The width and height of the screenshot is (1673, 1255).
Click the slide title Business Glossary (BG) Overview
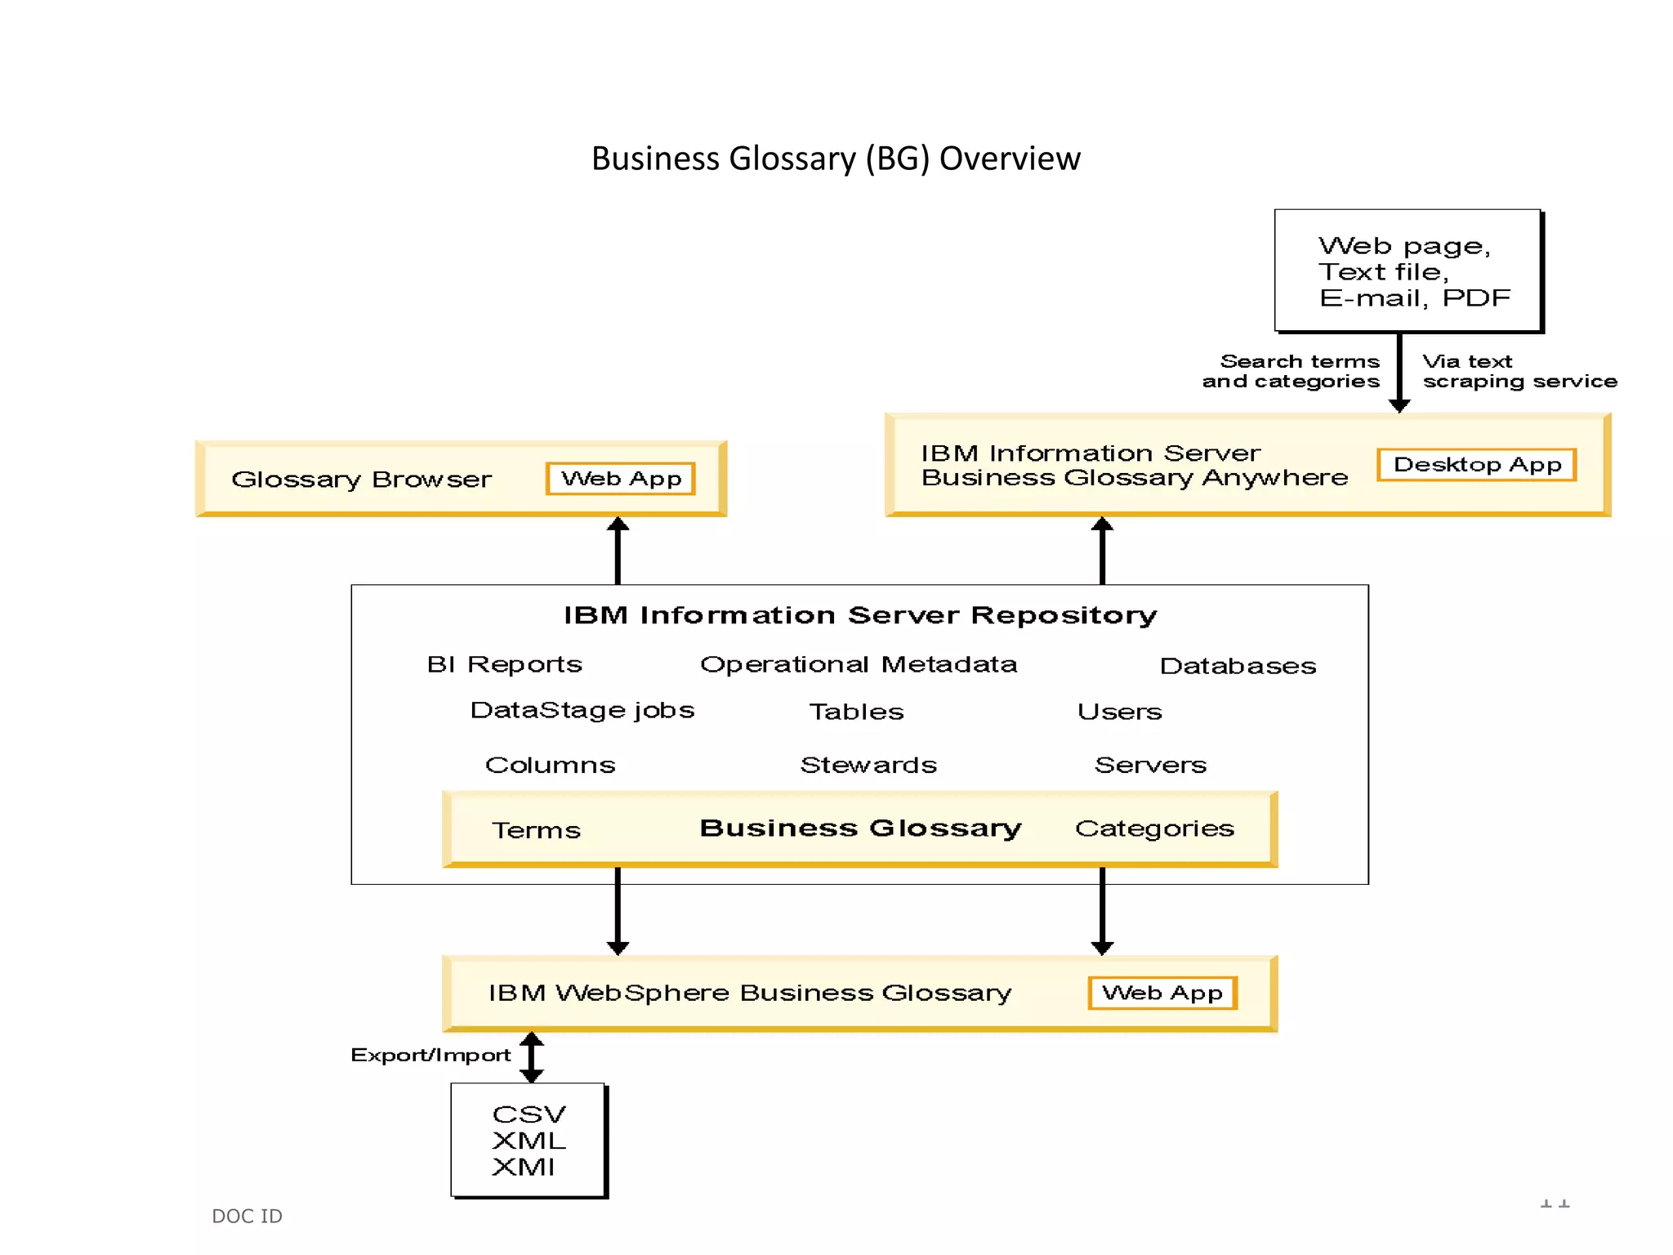click(836, 159)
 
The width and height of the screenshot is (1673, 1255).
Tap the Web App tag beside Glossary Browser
click(621, 479)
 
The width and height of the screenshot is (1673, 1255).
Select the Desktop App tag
click(1476, 465)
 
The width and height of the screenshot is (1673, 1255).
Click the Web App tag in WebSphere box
click(1162, 993)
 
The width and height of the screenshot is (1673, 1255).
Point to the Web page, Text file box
click(1408, 271)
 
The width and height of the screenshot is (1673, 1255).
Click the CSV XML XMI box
click(529, 1141)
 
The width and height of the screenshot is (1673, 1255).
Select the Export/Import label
click(431, 1055)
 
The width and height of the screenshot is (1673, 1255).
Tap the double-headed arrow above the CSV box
click(532, 1057)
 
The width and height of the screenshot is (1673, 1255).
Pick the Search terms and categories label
click(1292, 372)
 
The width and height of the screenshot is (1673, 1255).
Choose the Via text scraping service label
click(1519, 372)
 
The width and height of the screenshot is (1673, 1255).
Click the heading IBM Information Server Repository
click(860, 615)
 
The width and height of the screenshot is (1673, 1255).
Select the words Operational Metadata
click(859, 664)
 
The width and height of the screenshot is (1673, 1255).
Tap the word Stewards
click(868, 765)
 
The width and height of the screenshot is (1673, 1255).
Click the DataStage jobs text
click(582, 710)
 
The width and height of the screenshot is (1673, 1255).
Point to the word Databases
click(1238, 666)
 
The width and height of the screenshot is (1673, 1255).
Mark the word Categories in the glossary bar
click(1154, 828)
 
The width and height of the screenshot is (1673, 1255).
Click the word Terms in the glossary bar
click(536, 830)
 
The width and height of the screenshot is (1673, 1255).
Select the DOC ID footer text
click(247, 1216)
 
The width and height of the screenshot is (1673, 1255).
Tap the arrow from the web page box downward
click(1399, 372)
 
